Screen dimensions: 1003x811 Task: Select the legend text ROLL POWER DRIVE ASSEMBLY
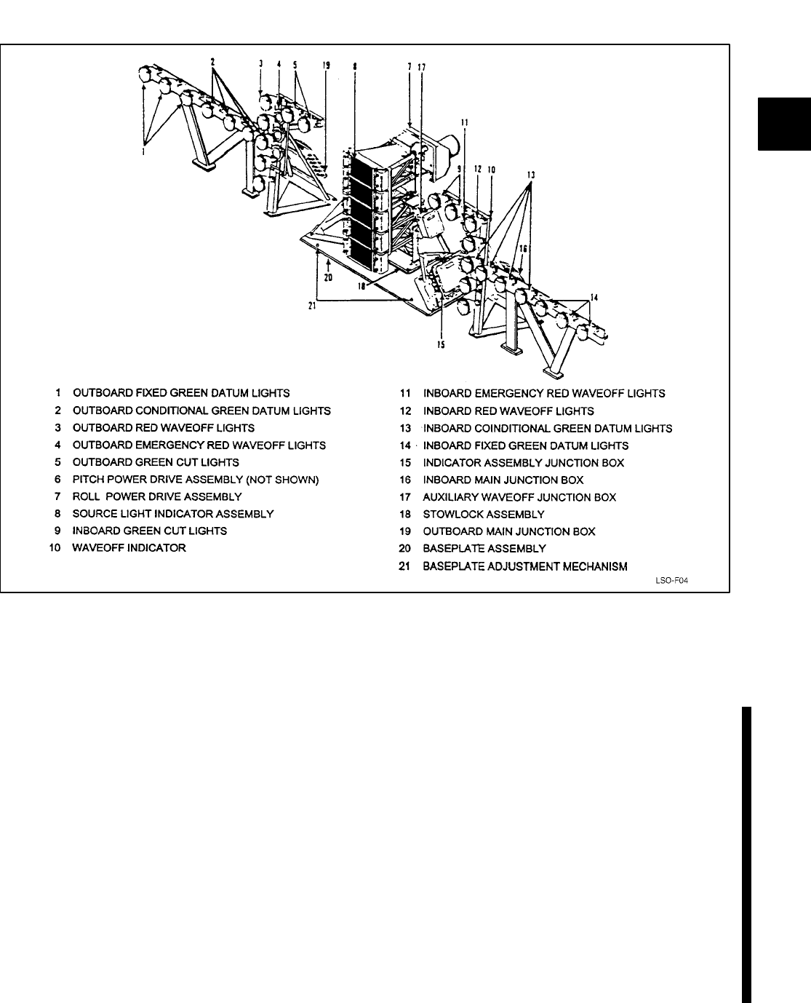(x=157, y=496)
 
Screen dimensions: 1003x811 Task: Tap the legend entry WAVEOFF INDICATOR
(x=129, y=547)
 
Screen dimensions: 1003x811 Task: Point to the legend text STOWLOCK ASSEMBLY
(x=483, y=514)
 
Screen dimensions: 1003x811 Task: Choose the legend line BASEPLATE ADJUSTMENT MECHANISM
(x=524, y=566)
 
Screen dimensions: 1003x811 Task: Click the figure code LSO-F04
(x=671, y=581)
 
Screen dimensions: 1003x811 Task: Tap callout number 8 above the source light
(x=354, y=66)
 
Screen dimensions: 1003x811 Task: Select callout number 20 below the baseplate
(x=328, y=277)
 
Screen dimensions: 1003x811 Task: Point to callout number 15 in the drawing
(x=441, y=344)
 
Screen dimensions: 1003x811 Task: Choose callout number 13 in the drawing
(x=531, y=175)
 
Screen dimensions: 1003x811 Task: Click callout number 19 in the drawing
(x=327, y=65)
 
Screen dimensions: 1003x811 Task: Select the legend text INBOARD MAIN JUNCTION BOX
(x=503, y=480)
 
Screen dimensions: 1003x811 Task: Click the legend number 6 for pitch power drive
(x=56, y=479)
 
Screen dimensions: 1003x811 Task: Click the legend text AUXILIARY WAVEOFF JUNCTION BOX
(x=519, y=497)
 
